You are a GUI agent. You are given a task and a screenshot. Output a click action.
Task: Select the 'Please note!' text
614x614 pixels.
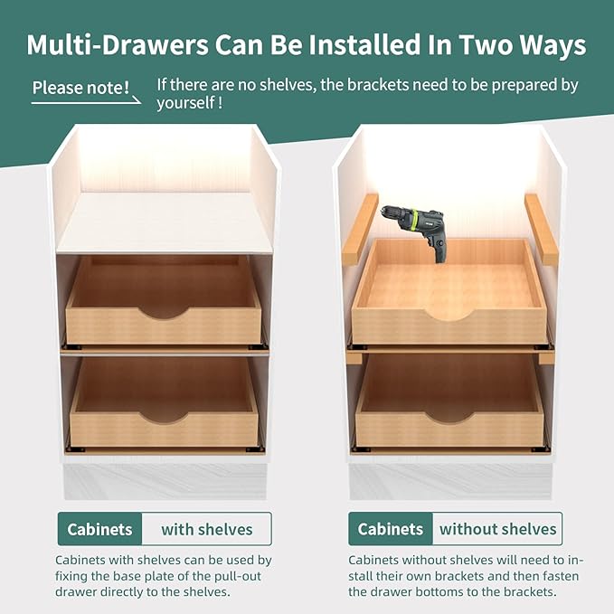tap(80, 88)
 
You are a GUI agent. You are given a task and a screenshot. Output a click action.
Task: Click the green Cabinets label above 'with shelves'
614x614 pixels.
tap(99, 529)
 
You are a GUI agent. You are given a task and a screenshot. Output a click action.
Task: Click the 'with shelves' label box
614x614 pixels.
tap(207, 529)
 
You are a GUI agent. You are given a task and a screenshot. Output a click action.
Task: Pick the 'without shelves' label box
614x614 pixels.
tap(497, 529)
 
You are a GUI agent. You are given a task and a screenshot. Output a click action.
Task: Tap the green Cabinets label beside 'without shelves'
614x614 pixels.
tap(391, 529)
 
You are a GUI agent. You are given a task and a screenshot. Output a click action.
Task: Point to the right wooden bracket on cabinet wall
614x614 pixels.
tap(541, 228)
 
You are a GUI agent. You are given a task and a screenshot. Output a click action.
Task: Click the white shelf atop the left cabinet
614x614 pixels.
tap(165, 222)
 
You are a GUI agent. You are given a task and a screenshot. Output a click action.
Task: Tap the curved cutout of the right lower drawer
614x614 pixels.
tap(449, 417)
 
